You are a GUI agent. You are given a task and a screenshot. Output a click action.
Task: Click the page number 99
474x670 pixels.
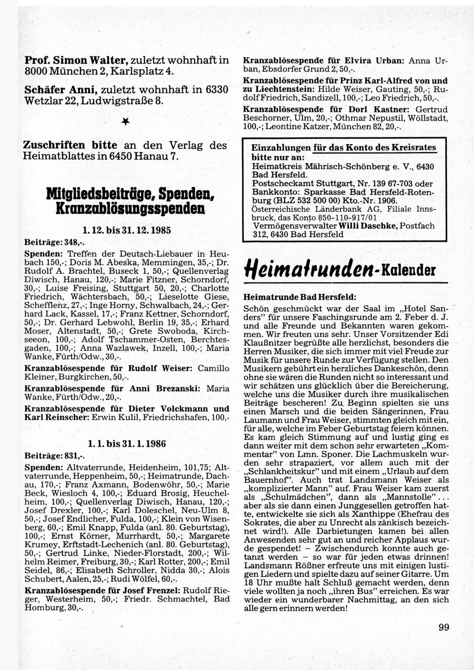point(443,627)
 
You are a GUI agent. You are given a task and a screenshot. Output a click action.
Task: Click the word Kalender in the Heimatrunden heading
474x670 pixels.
point(411,270)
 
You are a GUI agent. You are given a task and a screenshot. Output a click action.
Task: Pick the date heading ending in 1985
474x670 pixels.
point(126,230)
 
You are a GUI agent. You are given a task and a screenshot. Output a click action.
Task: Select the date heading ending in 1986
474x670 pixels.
point(127,444)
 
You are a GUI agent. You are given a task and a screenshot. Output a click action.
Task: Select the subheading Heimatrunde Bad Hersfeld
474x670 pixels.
point(299,297)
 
